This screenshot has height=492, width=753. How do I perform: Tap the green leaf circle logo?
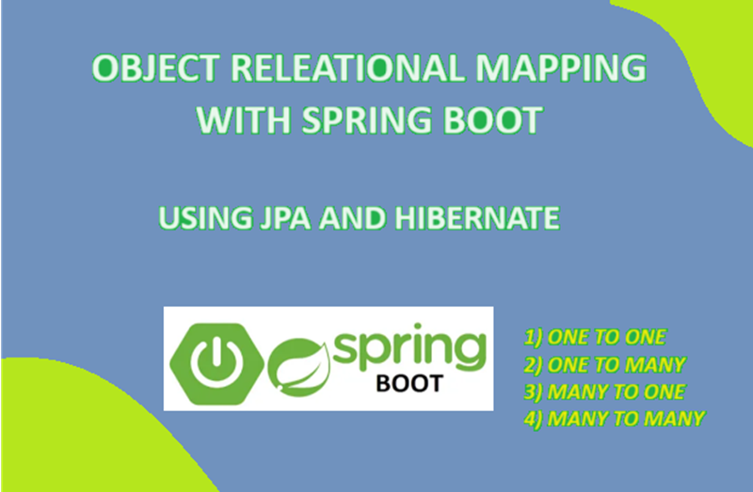(x=297, y=365)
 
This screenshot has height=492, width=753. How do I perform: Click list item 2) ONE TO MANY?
(x=604, y=365)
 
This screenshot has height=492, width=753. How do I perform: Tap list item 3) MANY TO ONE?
(x=604, y=391)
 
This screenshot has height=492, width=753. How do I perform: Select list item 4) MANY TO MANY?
(x=613, y=418)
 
